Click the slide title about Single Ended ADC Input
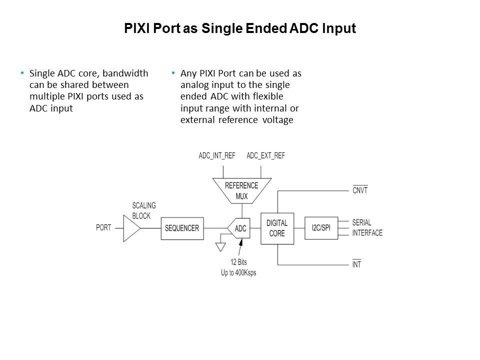[x=240, y=28]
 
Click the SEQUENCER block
[x=182, y=228]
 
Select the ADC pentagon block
[x=239, y=228]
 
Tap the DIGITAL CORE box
[x=276, y=228]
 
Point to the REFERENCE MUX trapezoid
[x=241, y=190]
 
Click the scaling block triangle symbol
[x=131, y=228]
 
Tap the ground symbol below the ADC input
[x=219, y=246]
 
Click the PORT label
[x=103, y=228]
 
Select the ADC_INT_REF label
[x=217, y=155]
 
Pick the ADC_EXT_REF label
[x=265, y=155]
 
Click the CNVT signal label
[x=360, y=190]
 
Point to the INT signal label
[x=356, y=264]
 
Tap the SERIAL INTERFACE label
[x=367, y=228]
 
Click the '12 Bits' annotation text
[x=238, y=262]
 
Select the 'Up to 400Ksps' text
[x=238, y=272]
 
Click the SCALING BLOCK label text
[x=144, y=210]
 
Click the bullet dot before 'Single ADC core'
[x=22, y=73]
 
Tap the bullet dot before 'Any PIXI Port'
[x=173, y=73]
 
